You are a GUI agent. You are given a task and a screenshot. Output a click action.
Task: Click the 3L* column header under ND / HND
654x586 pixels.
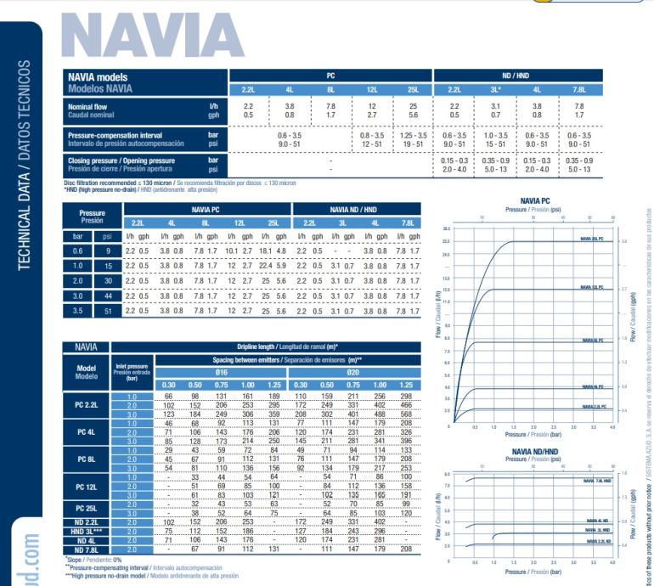(495, 89)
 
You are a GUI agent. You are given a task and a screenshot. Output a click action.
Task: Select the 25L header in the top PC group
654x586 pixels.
(413, 89)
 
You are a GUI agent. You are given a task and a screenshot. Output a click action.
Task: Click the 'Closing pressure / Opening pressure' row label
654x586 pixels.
(121, 161)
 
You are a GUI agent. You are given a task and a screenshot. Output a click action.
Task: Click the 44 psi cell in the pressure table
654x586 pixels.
(107, 296)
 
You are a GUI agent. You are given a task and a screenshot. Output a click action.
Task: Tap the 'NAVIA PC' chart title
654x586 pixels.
(533, 200)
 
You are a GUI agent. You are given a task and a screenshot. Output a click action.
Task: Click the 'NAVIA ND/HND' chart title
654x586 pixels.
(533, 452)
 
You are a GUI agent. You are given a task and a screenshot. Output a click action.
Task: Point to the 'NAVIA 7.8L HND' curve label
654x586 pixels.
(596, 482)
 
